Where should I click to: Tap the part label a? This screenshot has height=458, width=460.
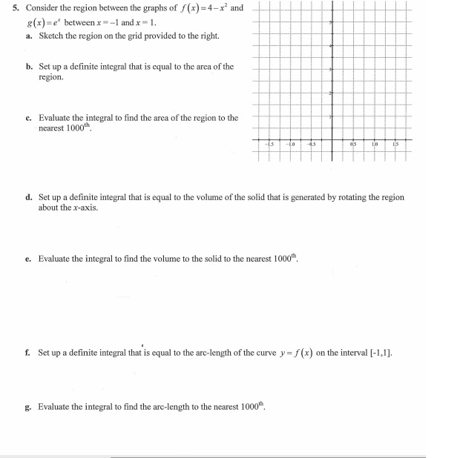28,35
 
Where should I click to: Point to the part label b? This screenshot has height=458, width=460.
28,67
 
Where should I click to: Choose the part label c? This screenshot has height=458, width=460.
28,117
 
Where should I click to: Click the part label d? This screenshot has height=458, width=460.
28,198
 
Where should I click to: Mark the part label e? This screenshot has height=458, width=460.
28,258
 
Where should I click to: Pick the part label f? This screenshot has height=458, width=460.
28,353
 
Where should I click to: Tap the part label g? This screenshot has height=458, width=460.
28,406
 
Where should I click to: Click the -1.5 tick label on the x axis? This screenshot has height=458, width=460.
272,145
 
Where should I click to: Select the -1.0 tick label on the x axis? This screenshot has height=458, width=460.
292,145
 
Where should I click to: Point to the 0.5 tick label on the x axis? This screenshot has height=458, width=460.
355,145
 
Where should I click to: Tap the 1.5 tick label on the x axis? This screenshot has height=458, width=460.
395,145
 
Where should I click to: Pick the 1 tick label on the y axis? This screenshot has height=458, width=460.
330,117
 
